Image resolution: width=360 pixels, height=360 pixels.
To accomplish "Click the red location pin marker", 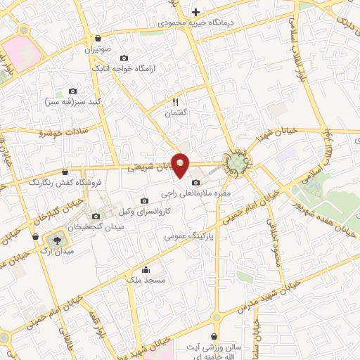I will [x=181, y=165].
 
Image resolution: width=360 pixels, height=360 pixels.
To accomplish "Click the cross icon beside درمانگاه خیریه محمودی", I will [x=195, y=12].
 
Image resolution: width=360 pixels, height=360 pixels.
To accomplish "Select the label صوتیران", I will [x=99, y=50].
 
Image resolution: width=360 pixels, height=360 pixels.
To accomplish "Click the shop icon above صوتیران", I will [x=98, y=39].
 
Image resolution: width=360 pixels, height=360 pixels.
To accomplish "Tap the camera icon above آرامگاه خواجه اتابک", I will [x=124, y=58].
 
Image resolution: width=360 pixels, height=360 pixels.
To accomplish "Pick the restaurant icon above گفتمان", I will [x=175, y=101].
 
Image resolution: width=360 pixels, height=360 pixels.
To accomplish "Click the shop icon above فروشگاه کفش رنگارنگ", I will [x=65, y=172].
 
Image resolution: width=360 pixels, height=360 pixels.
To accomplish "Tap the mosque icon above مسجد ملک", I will [x=146, y=269].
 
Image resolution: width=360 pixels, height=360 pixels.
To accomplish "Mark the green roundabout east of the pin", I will [x=236, y=164].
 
